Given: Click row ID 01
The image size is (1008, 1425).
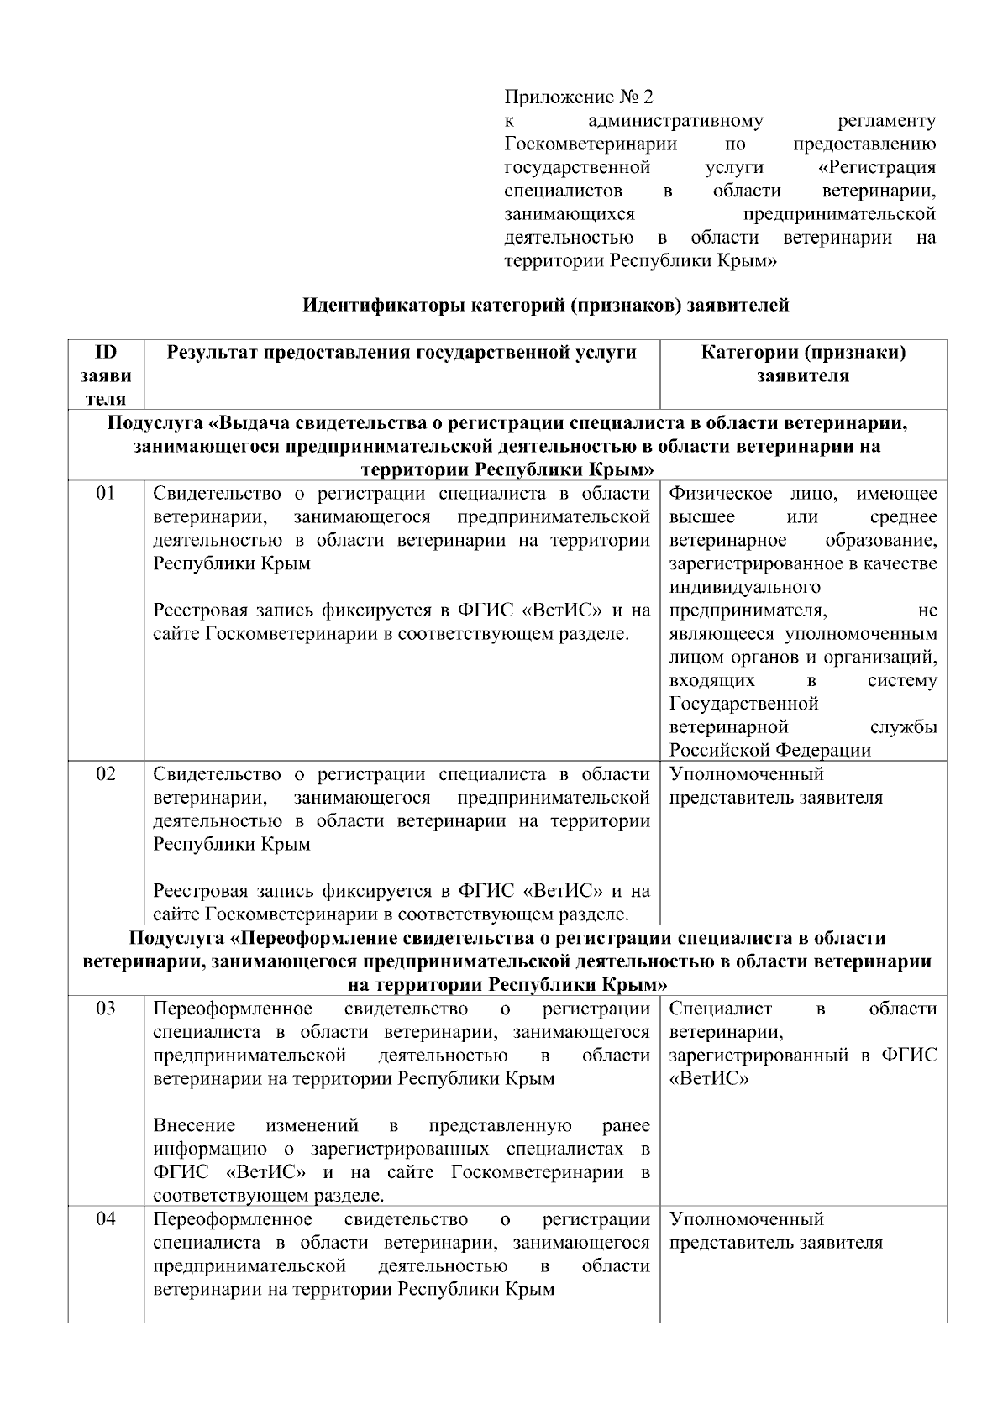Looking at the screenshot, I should [x=105, y=494].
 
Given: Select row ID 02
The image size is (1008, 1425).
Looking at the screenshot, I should [x=105, y=774].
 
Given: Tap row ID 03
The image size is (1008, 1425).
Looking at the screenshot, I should [x=105, y=1009].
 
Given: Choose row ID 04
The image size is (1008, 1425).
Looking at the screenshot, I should [x=105, y=1219].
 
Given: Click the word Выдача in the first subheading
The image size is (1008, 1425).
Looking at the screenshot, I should [x=255, y=422].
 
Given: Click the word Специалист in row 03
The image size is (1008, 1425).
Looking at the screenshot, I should [x=720, y=1009].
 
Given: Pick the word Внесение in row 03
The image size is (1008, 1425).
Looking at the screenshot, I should [x=194, y=1125].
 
